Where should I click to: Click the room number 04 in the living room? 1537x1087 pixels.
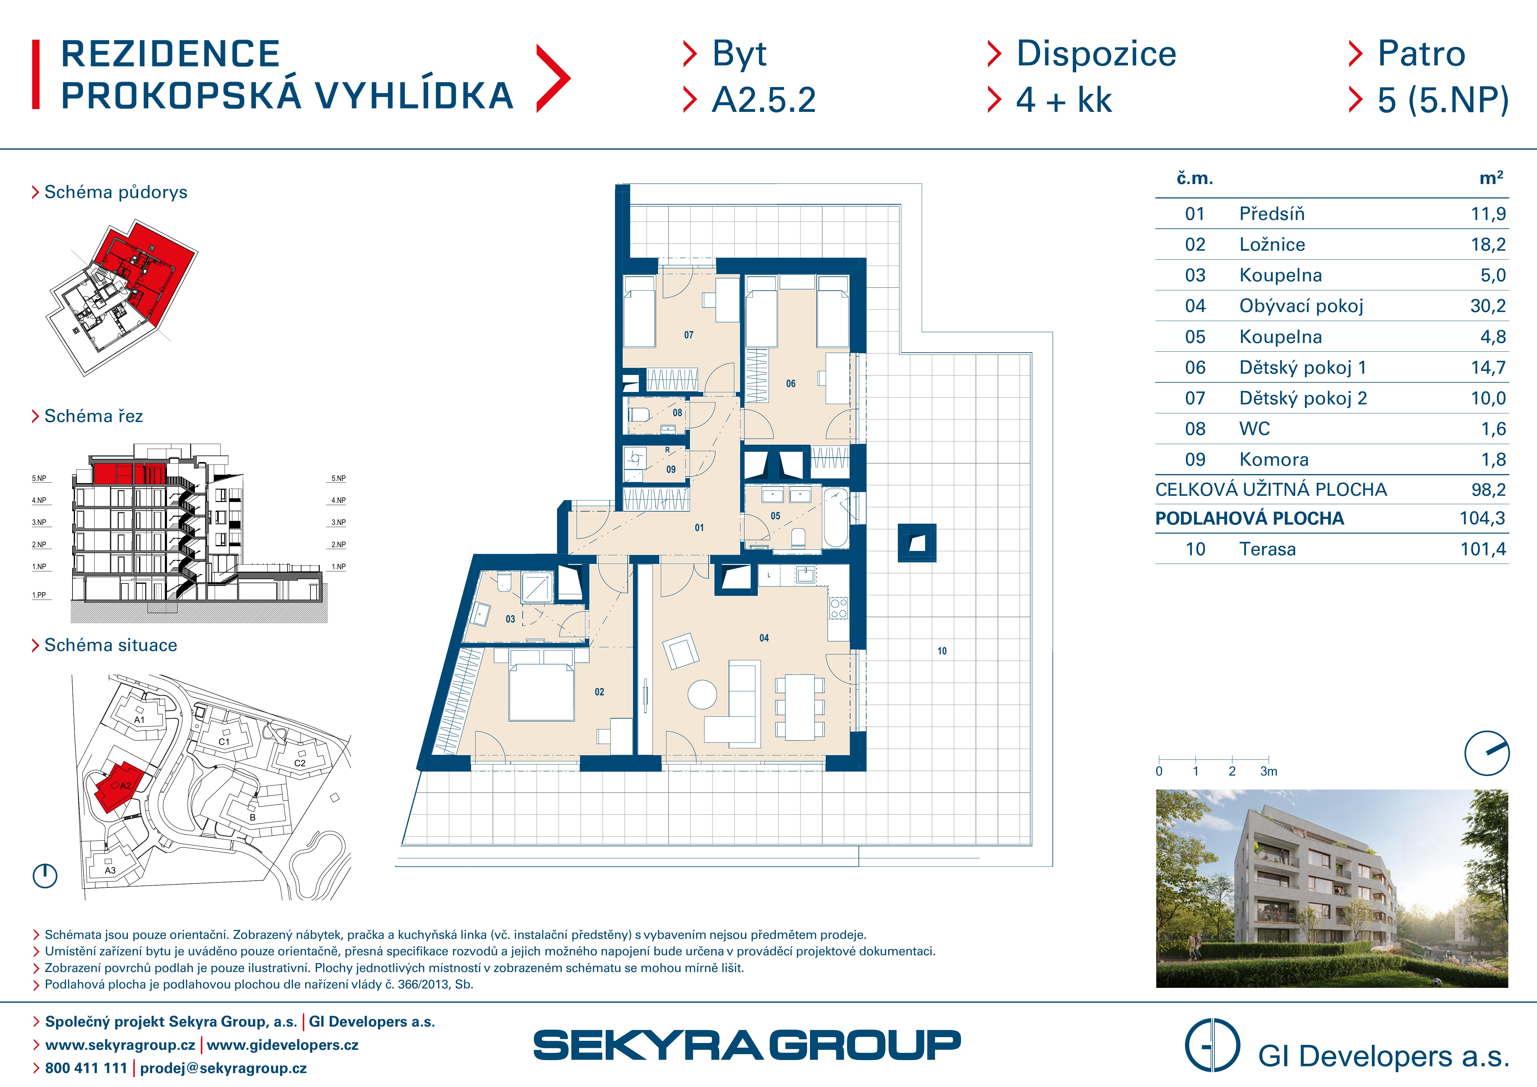(x=764, y=638)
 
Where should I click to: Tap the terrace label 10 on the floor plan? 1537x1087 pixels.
(x=942, y=651)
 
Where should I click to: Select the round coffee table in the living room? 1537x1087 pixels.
(x=702, y=695)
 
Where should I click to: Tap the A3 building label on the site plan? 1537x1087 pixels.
(x=110, y=870)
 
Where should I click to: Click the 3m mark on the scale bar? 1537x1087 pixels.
(x=1269, y=771)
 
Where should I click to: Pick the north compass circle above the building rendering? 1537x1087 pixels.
(x=1487, y=753)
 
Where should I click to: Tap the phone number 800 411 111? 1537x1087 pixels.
(x=86, y=1068)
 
